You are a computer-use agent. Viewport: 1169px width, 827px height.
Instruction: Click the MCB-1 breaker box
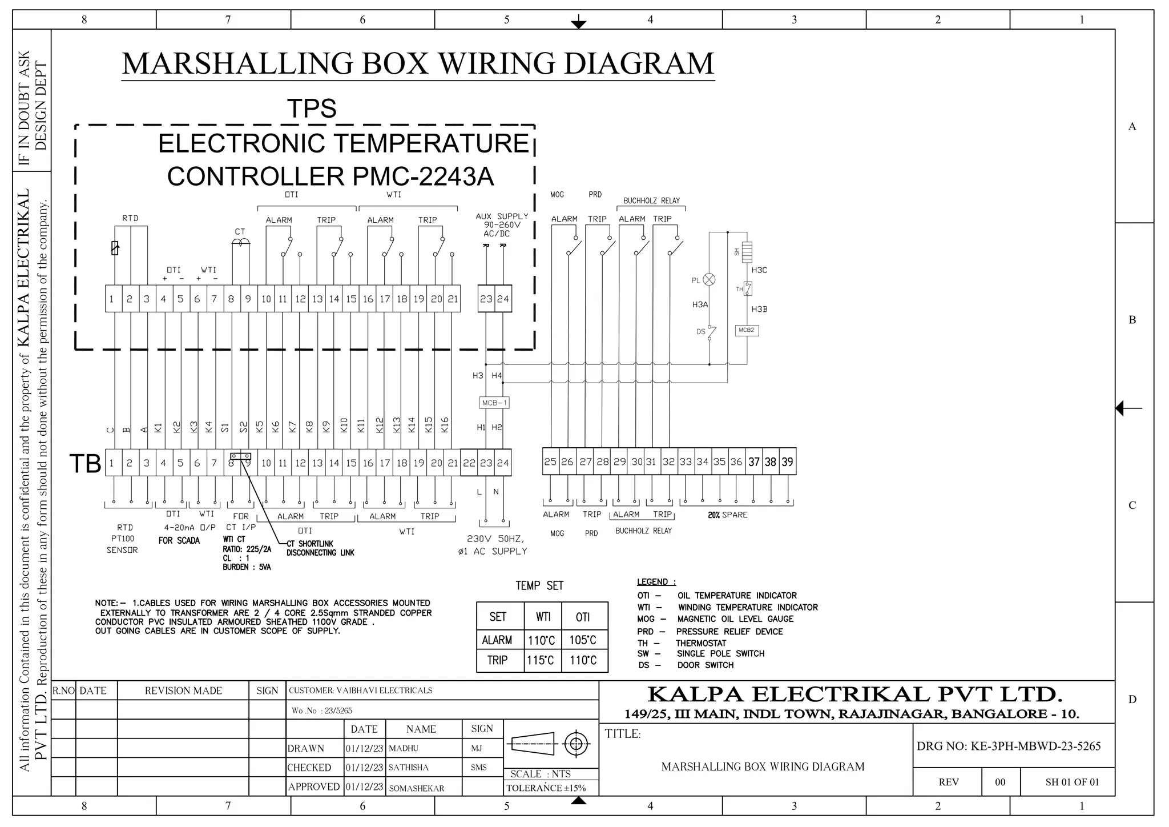click(494, 403)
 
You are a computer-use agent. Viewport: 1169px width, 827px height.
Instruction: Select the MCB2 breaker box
click(747, 330)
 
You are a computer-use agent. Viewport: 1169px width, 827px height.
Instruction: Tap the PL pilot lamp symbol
click(709, 279)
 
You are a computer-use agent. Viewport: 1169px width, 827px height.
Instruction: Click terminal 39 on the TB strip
click(787, 461)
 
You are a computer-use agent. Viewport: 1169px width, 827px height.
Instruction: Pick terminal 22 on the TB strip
click(469, 463)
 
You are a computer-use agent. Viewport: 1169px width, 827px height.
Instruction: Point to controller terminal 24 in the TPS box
click(503, 299)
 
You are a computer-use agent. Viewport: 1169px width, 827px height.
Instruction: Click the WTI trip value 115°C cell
click(540, 660)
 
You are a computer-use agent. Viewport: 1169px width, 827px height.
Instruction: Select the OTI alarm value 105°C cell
click(582, 640)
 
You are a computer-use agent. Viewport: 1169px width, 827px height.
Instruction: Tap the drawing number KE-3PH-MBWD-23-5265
click(1009, 746)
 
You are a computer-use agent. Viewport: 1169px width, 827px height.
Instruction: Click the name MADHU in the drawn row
click(404, 748)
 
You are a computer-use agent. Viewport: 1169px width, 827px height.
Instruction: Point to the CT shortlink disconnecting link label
click(320, 548)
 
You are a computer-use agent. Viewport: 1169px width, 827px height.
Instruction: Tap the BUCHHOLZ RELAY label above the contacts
click(651, 200)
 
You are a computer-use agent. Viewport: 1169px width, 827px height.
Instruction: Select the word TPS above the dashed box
click(312, 109)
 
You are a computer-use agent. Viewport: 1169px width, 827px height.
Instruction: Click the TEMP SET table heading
click(539, 585)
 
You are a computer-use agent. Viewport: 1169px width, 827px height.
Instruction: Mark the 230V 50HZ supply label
click(495, 539)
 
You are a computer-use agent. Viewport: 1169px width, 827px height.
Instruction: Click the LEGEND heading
click(656, 582)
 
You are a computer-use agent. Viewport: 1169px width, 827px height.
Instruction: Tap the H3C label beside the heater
click(759, 270)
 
